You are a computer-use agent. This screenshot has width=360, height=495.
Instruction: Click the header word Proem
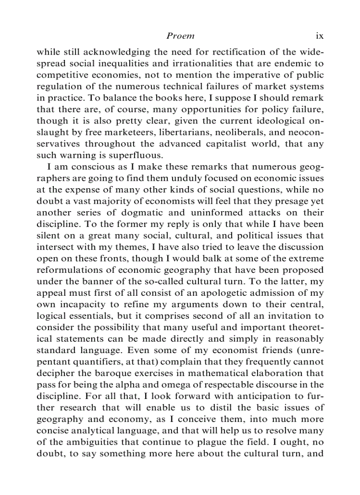(x=180, y=36)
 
